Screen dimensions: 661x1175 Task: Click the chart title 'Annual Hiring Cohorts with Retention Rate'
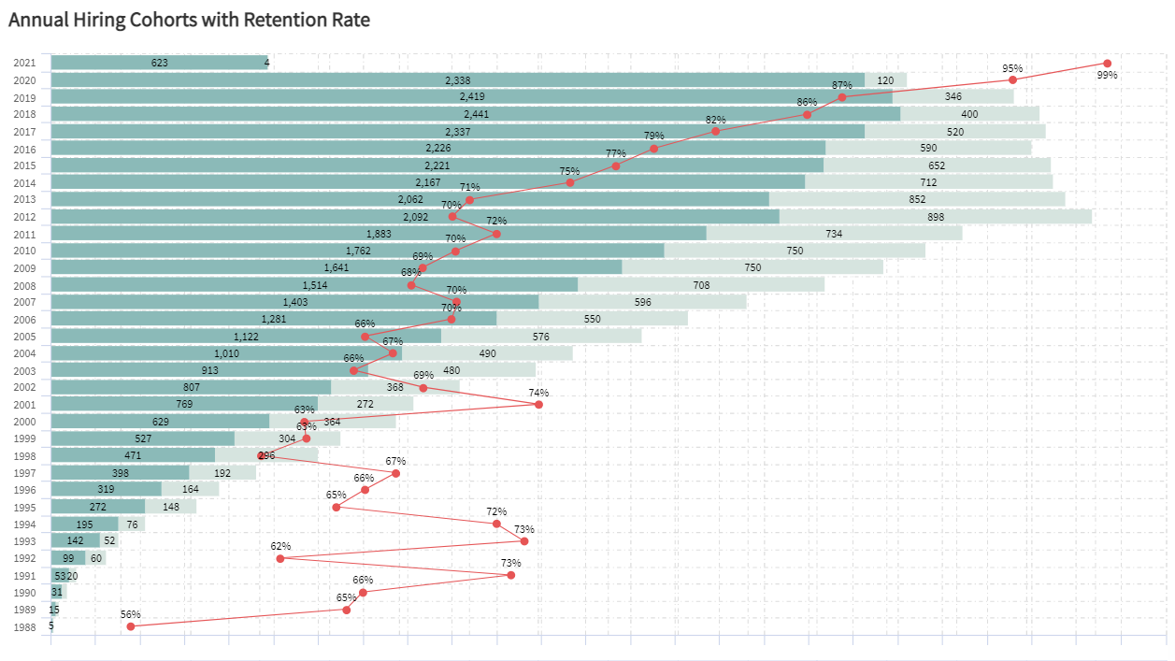pyautogui.click(x=189, y=20)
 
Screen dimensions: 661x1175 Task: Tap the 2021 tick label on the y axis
pyautogui.click(x=25, y=64)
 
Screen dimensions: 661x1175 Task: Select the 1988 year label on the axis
pyautogui.click(x=25, y=627)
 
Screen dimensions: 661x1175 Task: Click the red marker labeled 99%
pyautogui.click(x=1107, y=64)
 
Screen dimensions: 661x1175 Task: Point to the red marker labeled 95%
pyautogui.click(x=1012, y=80)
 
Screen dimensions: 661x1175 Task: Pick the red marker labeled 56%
pyautogui.click(x=131, y=626)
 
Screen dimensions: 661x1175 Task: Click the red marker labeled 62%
pyautogui.click(x=279, y=558)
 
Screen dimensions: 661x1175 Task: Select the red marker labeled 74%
pyautogui.click(x=538, y=404)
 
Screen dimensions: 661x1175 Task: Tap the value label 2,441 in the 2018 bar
pyautogui.click(x=476, y=114)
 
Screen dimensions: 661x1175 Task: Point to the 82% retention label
pyautogui.click(x=716, y=120)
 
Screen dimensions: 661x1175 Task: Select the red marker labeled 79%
pyautogui.click(x=653, y=149)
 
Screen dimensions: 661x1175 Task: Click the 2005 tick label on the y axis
pyautogui.click(x=25, y=337)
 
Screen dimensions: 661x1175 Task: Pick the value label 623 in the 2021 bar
pyautogui.click(x=160, y=63)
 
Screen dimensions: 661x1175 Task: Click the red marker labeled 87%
pyautogui.click(x=842, y=97)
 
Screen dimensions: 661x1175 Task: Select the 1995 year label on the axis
pyautogui.click(x=25, y=508)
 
